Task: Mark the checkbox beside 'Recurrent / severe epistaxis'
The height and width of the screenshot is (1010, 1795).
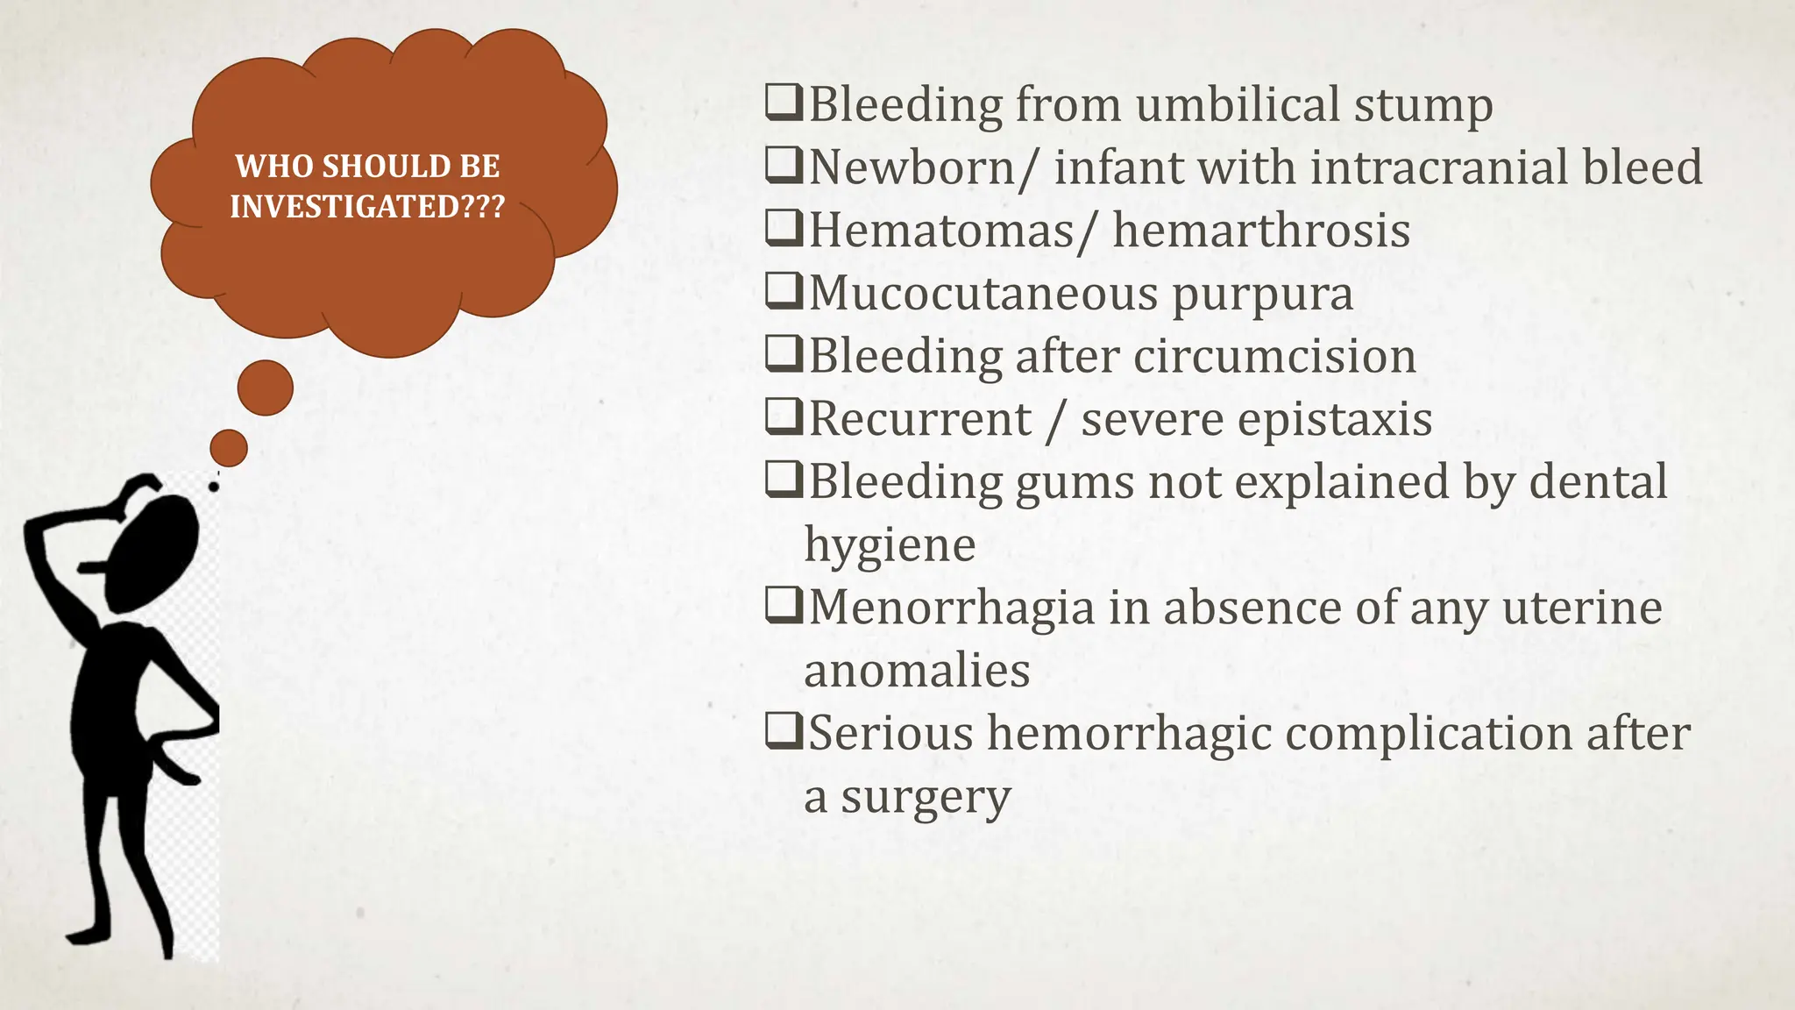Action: click(x=784, y=417)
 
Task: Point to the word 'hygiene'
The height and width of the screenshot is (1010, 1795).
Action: click(x=890, y=544)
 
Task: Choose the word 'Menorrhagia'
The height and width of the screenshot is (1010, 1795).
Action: click(x=951, y=607)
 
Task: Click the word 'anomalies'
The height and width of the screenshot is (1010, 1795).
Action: click(x=917, y=671)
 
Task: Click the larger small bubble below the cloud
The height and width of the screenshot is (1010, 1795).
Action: click(x=265, y=387)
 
